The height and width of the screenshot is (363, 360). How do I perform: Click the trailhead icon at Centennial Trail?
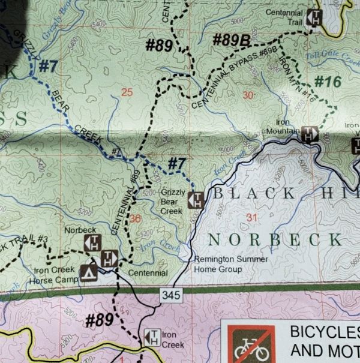[x=314, y=18]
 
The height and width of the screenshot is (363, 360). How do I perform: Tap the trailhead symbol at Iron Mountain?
[x=309, y=134]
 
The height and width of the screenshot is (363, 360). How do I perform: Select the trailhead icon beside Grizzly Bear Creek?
[x=196, y=200]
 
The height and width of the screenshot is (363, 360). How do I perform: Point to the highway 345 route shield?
[x=169, y=294]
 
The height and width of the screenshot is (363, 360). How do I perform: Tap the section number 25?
[x=126, y=92]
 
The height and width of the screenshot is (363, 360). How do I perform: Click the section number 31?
[x=251, y=217]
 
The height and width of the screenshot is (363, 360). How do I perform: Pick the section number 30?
[x=249, y=95]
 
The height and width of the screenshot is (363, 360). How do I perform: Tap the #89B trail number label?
[x=231, y=41]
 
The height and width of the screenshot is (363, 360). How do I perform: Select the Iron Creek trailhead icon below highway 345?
[x=152, y=339]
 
